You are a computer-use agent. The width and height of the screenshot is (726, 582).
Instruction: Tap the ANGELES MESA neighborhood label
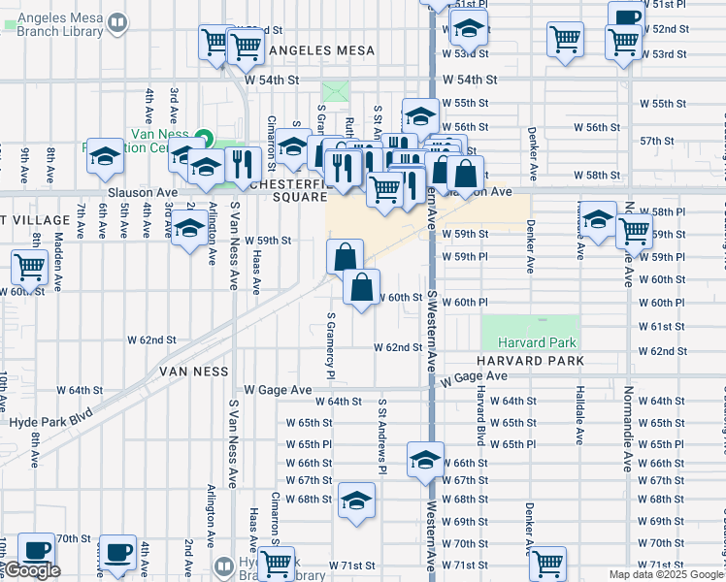pos(315,49)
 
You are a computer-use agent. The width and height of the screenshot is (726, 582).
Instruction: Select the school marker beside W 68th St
pos(357,501)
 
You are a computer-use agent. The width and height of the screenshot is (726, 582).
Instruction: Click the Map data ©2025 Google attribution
pos(666,574)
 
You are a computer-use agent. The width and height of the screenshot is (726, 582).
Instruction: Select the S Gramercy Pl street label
pos(331,345)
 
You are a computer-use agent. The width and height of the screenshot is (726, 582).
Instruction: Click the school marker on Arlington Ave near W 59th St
pos(188,229)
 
